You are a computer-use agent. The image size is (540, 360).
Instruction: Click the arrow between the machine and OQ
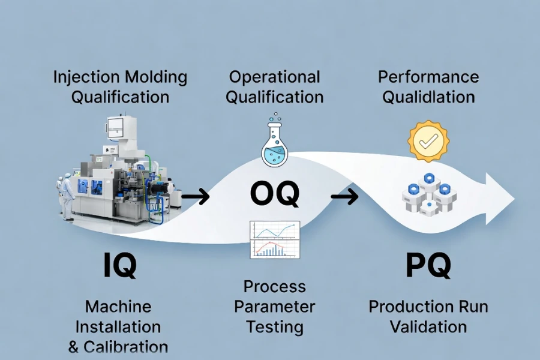196,196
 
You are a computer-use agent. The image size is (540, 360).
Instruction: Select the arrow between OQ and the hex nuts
344,196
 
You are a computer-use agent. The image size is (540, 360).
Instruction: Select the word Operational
274,77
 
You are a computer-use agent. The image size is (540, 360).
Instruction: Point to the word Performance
428,77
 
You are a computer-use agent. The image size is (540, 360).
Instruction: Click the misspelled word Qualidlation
428,97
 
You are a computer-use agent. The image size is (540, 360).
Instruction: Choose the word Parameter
274,307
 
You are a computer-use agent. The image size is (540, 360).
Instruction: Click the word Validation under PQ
428,327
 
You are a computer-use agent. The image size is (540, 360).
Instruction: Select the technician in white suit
67,193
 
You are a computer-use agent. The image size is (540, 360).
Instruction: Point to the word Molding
155,77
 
